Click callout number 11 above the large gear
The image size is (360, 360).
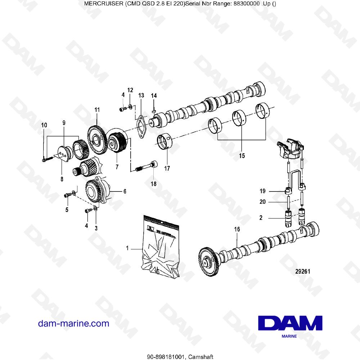coord(96,109)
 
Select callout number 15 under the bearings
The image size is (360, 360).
coord(242,156)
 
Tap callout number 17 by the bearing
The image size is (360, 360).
coord(167,168)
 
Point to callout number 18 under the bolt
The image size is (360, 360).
coord(154,184)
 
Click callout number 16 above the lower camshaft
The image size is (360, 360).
coord(237,229)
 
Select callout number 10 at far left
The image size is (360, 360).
coord(44,125)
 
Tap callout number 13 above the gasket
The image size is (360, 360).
coord(141,95)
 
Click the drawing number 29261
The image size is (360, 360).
coord(302,272)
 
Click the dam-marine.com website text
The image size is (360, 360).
coord(73,323)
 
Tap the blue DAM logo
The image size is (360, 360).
coord(290,323)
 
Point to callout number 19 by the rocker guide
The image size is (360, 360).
coord(262,191)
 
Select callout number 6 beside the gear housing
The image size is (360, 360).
coord(125,192)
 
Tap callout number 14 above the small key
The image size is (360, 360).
coord(154,96)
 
